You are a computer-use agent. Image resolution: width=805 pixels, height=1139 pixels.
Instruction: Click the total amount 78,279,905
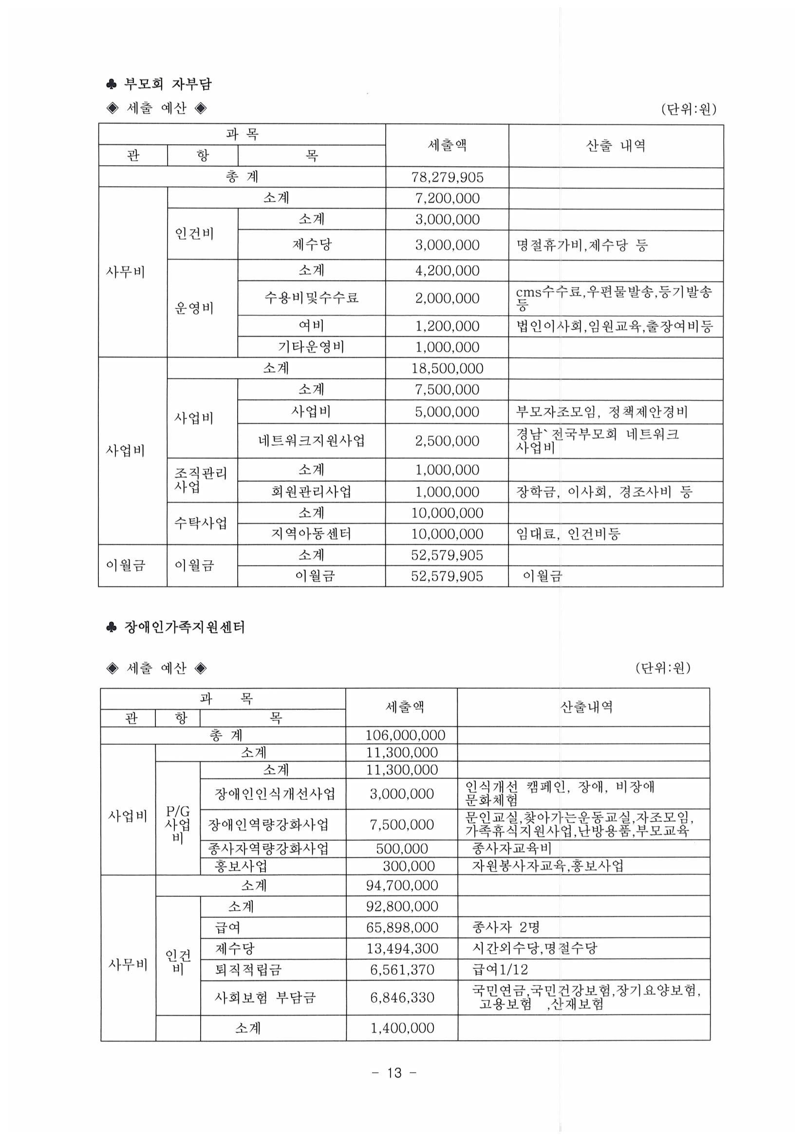tap(447, 177)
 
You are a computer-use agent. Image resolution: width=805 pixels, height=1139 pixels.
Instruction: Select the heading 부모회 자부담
tap(167, 84)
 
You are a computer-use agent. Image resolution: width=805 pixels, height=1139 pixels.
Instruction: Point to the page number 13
tap(394, 1073)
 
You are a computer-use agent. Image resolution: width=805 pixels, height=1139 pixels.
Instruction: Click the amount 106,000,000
tap(405, 735)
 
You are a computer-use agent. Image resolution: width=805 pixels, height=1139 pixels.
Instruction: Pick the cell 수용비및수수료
tap(311, 298)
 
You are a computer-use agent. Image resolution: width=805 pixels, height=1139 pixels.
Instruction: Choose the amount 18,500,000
tap(447, 368)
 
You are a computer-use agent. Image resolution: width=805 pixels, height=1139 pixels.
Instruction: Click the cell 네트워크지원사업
tap(311, 440)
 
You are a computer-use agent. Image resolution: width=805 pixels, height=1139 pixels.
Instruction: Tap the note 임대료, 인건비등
tap(568, 534)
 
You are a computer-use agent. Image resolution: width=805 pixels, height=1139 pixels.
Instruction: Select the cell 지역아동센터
tap(311, 534)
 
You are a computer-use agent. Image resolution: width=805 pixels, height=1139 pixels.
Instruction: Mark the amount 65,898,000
tap(402, 927)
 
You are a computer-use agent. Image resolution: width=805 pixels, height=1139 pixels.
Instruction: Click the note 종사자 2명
tap(505, 927)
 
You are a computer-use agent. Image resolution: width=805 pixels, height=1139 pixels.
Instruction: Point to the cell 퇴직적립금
tap(248, 969)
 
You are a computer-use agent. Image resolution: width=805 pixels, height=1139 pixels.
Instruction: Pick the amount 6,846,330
tap(402, 997)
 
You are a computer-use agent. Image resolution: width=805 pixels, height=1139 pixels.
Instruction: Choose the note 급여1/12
tap(500, 969)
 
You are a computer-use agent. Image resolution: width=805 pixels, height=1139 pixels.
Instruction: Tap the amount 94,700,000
tap(402, 885)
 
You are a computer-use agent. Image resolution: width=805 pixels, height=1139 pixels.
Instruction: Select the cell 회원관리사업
tap(311, 492)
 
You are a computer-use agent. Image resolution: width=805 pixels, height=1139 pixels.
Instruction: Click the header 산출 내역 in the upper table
tap(616, 145)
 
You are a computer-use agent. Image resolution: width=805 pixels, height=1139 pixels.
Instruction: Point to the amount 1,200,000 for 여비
tap(447, 326)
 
